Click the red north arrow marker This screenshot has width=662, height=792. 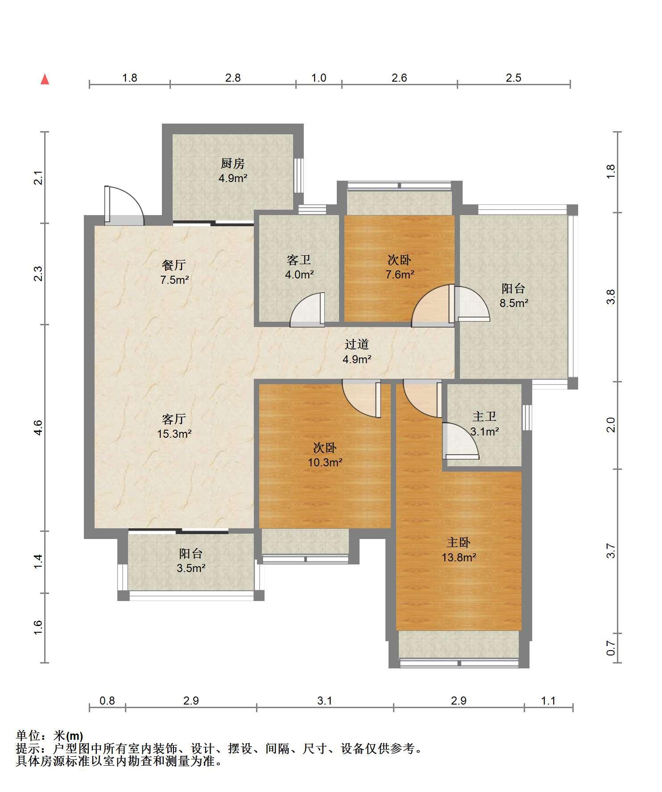45,79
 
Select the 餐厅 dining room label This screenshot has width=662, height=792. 174,265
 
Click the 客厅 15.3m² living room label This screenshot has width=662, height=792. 174,426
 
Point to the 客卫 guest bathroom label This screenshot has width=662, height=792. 299,260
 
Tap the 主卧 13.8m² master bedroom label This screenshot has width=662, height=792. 459,550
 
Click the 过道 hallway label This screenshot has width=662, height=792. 357,344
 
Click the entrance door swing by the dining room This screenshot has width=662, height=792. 125,205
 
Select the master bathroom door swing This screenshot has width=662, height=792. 460,441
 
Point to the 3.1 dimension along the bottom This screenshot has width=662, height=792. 325,701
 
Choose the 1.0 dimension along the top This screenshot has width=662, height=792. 319,78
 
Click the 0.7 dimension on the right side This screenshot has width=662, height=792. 611,648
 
